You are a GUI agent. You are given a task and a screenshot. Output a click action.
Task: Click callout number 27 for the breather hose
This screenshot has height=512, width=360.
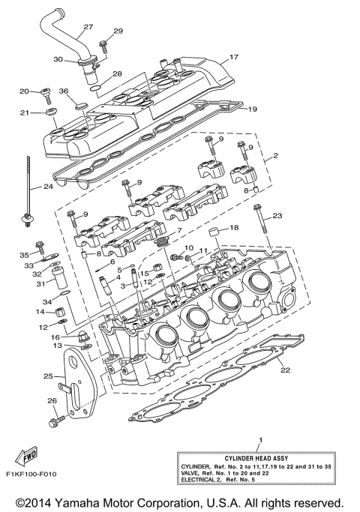88,28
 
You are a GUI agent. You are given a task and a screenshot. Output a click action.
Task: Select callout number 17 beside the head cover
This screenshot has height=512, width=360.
233,57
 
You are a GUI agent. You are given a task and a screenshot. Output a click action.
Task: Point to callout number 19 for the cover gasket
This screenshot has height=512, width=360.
252,109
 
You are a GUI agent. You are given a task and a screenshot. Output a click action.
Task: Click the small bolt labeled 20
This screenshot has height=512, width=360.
44,94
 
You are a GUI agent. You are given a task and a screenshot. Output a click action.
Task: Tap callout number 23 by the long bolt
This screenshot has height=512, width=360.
277,216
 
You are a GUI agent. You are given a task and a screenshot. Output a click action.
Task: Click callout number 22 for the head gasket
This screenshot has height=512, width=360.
283,370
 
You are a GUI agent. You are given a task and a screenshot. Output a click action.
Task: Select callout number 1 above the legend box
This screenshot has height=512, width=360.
259,437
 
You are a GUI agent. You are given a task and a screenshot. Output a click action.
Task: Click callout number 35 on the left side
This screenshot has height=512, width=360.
23,255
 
